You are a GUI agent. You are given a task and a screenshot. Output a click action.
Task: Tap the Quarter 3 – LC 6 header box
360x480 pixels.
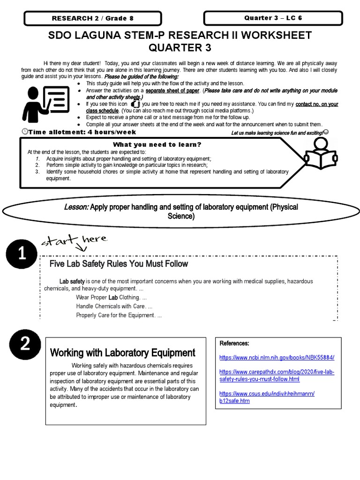(273, 18)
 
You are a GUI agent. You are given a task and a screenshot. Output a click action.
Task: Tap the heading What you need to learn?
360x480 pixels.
(156, 144)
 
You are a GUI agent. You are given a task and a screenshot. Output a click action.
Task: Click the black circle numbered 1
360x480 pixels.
(22, 255)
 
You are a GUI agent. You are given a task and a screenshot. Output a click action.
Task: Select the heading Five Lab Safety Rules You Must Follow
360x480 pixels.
(119, 264)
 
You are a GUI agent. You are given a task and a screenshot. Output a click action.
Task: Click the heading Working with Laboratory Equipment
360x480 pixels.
(122, 352)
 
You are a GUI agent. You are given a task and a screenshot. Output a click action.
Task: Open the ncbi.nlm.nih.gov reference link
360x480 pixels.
(277, 357)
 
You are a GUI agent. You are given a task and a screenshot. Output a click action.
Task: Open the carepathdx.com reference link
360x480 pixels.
(277, 375)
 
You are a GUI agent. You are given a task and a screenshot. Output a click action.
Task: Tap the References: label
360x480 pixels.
(234, 344)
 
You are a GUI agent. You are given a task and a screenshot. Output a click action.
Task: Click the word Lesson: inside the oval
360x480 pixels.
(77, 207)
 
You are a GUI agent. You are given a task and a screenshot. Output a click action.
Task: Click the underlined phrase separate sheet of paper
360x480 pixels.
(173, 90)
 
